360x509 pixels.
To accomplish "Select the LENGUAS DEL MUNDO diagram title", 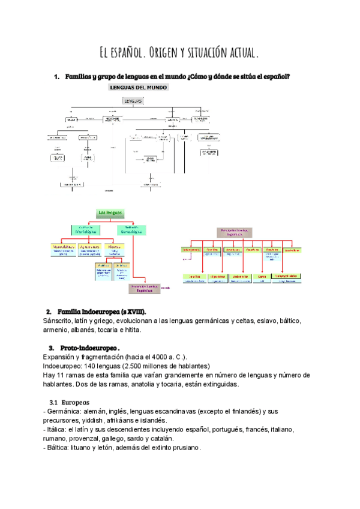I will [138, 88].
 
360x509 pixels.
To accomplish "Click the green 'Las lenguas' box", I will [110, 213].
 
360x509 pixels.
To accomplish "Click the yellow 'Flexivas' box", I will [115, 246].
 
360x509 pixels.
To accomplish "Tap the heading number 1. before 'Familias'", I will [56, 76].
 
